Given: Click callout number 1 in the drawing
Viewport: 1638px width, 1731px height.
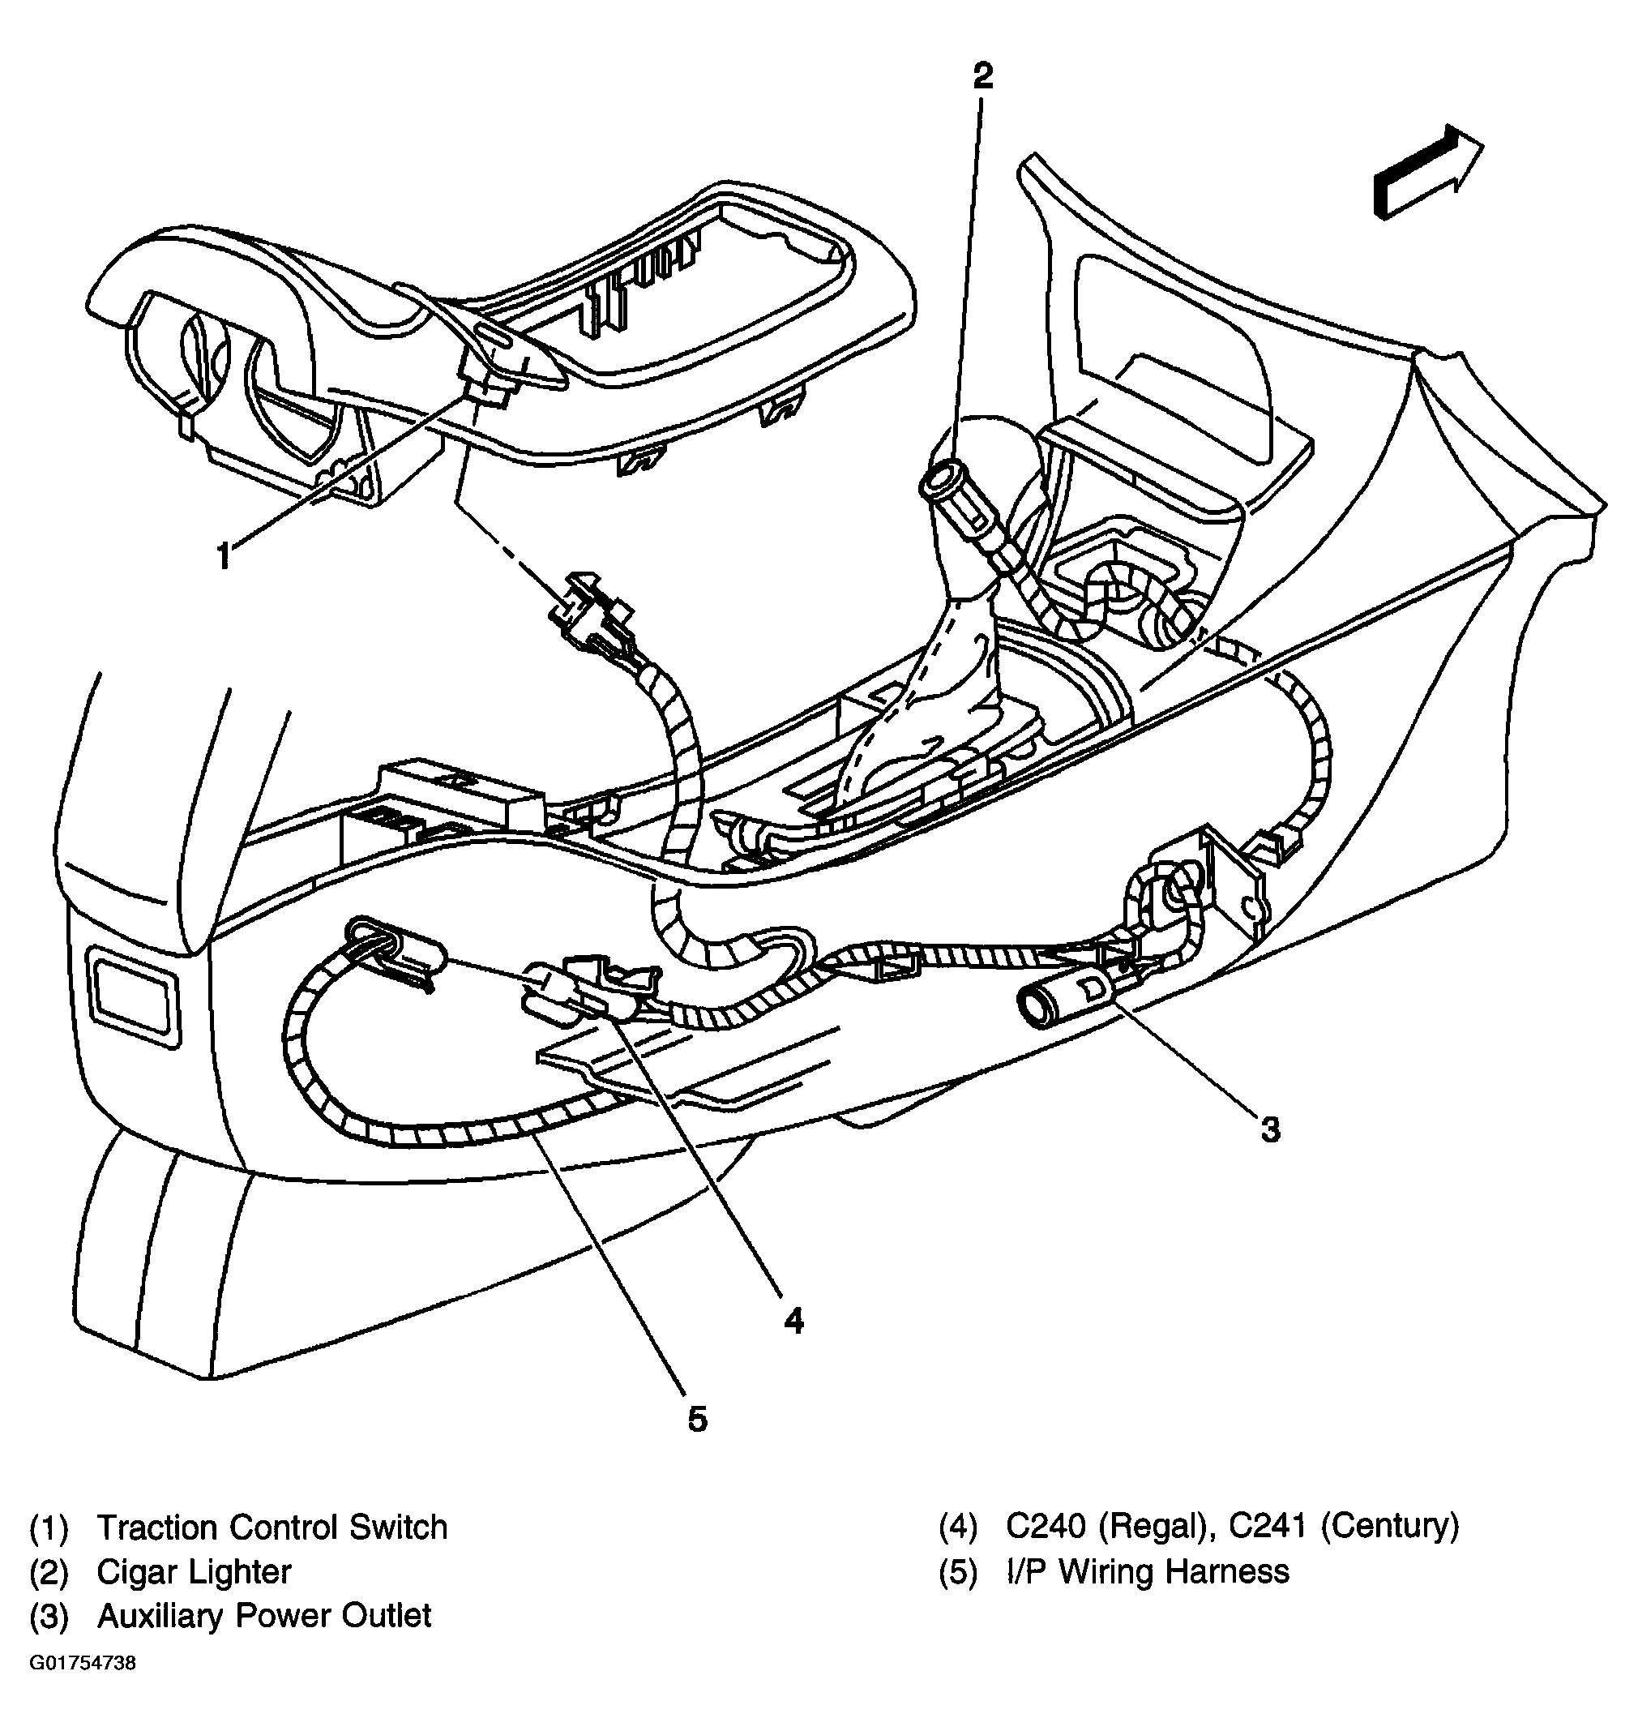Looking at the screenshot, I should coord(224,555).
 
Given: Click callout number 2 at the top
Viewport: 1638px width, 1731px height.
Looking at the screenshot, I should coord(983,76).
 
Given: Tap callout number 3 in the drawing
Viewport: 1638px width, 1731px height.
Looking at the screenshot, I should coord(1269,1130).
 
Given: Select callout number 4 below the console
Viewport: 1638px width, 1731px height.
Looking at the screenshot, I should coord(793,1321).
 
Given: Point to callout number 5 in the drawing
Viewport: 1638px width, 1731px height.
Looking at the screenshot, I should coord(697,1418).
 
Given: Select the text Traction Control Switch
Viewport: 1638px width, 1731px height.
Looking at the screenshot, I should coord(272,1527).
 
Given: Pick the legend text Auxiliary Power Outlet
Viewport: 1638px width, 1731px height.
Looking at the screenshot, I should coord(263,1616).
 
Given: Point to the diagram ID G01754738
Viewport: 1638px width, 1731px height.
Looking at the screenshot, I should coord(83,1663).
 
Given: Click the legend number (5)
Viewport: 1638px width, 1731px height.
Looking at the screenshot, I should coord(958,1572).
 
